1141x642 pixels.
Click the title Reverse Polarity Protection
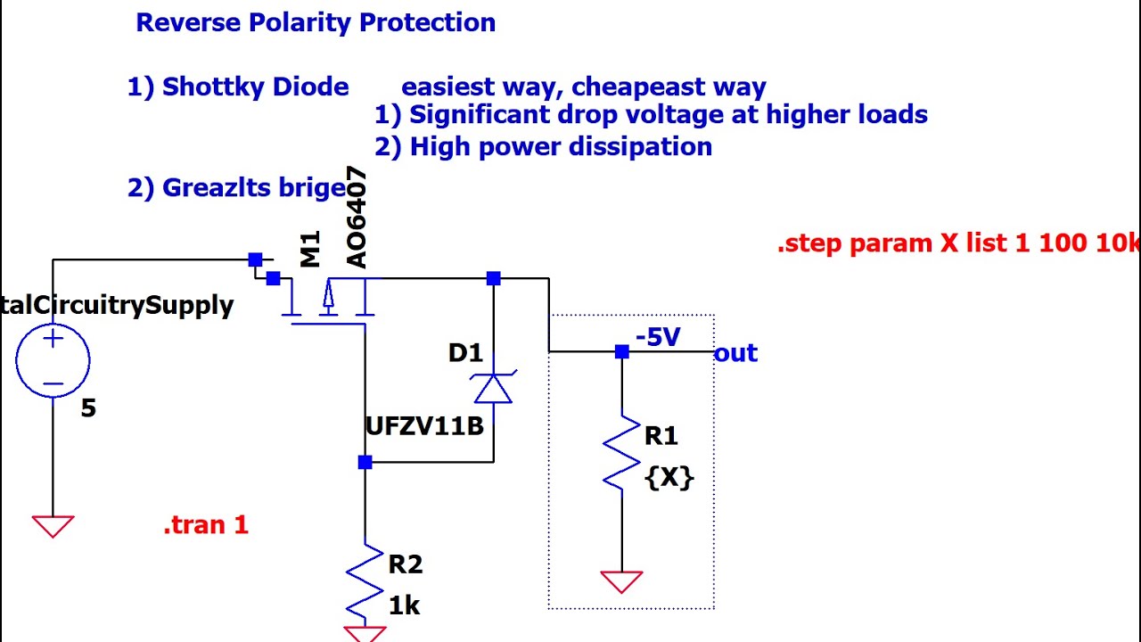pos(315,23)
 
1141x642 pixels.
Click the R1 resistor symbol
pos(621,453)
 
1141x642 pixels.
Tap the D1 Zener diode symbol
pos(493,387)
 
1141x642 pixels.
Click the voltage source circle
pos(53,360)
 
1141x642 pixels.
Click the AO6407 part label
pos(356,218)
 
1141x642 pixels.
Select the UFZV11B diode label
pos(424,426)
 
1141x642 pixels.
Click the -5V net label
pos(658,337)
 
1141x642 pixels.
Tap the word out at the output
pos(735,353)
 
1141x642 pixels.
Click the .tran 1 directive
pos(205,525)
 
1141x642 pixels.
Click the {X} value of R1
pos(669,477)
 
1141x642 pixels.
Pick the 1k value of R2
pos(404,606)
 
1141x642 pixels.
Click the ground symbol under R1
pos(621,581)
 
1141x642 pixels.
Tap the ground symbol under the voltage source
pos(53,526)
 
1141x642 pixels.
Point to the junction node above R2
pos(365,462)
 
